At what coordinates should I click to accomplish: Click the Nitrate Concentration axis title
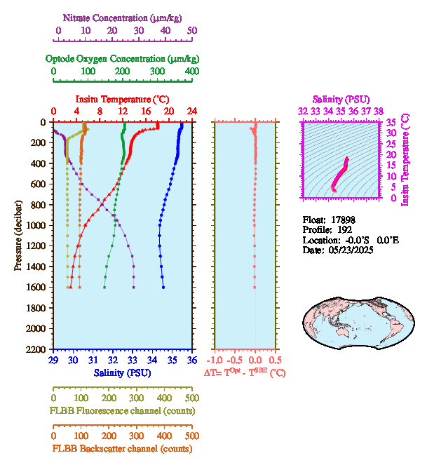[120, 17]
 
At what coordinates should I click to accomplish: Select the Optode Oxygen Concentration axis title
[122, 58]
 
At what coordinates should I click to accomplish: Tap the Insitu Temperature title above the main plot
[122, 99]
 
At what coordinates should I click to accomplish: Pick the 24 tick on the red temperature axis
[191, 111]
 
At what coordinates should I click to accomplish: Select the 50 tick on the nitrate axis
[191, 31]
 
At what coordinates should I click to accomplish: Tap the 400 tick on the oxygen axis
[191, 72]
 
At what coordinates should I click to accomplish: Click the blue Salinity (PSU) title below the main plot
[122, 373]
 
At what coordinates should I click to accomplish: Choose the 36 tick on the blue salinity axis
[191, 360]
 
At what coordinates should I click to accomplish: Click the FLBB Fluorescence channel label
[122, 410]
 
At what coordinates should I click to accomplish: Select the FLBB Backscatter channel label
[122, 449]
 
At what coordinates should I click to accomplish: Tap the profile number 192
[344, 229]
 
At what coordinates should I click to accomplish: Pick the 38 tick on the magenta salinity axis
[379, 111]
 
